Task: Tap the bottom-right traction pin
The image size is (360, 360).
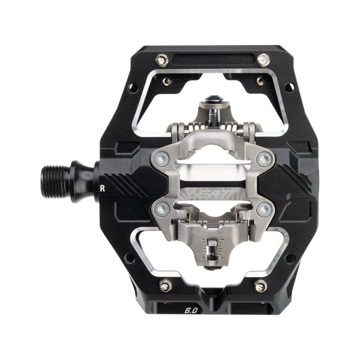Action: tap(259, 287)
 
